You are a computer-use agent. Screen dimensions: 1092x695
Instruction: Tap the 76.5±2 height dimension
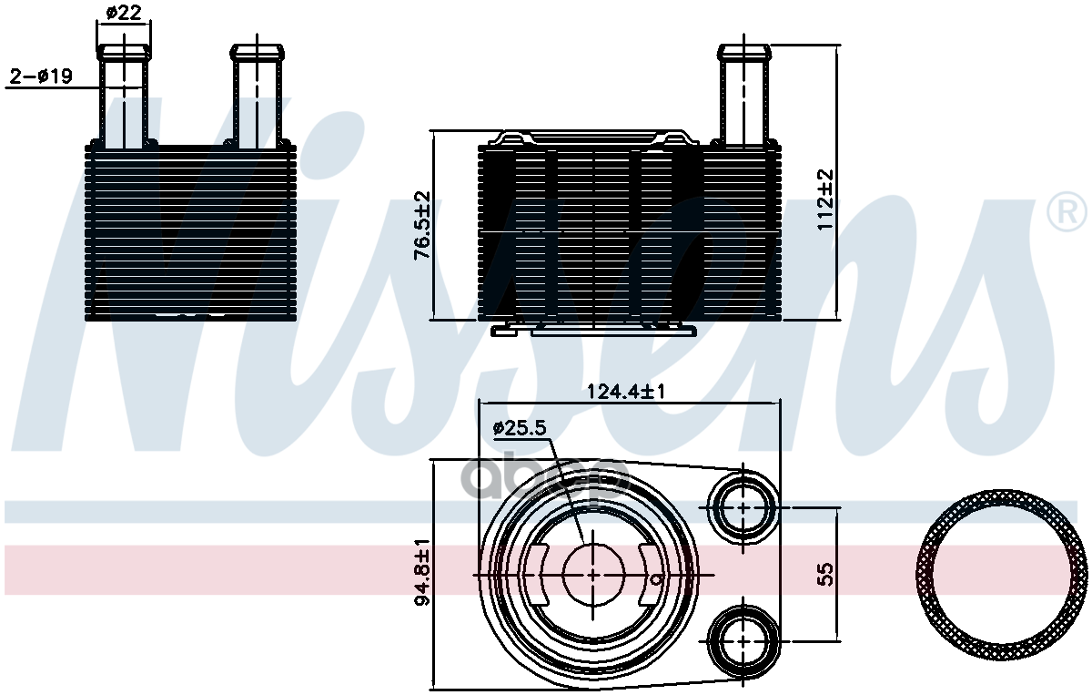pos(422,226)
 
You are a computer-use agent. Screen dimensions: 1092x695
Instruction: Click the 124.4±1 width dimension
pos(628,392)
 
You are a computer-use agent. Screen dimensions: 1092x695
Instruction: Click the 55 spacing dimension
pos(825,574)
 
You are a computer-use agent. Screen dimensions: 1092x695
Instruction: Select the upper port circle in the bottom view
pos(743,506)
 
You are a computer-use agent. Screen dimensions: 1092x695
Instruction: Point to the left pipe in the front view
pos(123,96)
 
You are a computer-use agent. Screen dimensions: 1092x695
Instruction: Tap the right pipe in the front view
pos(257,96)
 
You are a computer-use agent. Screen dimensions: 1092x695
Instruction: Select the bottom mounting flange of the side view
pos(593,329)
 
